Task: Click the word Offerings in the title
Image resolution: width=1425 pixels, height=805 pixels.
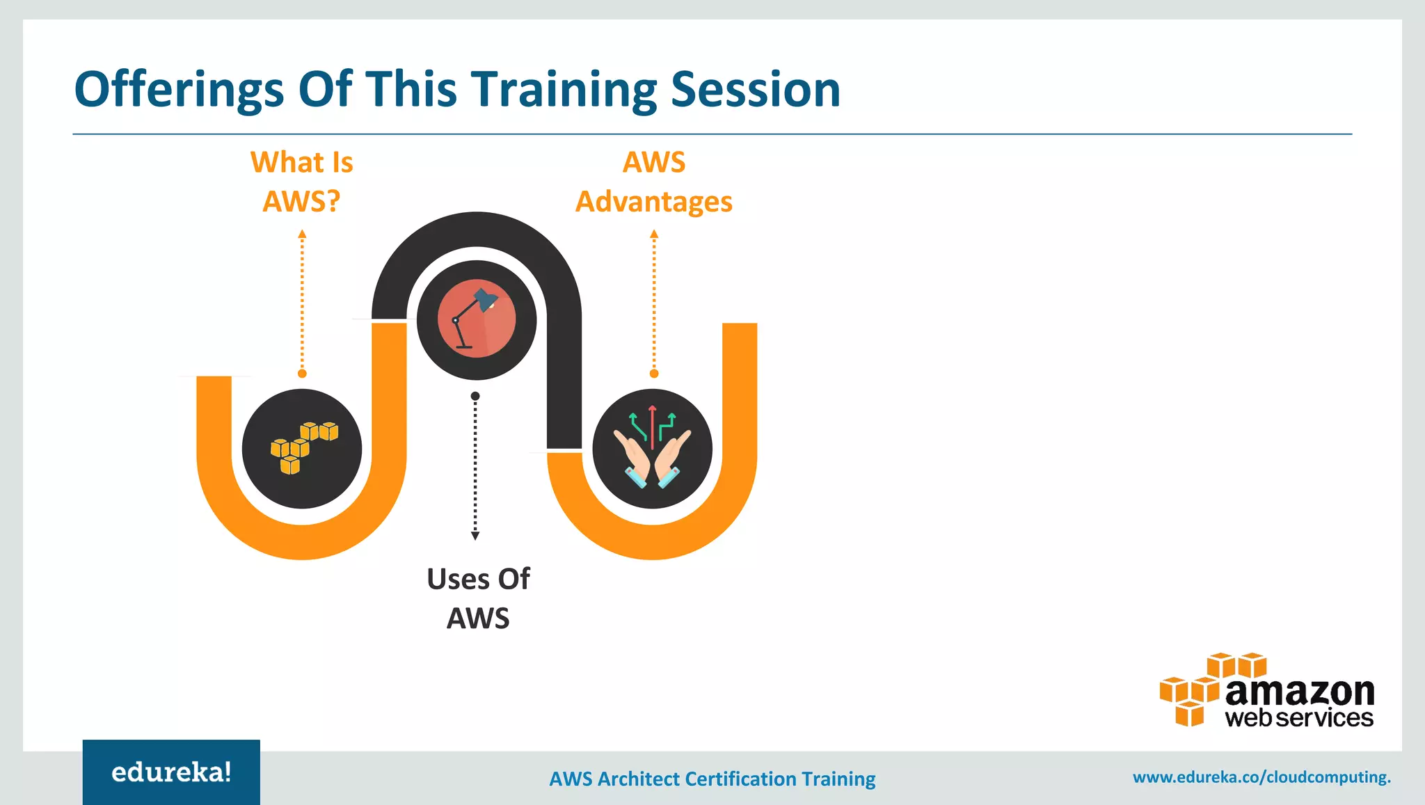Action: click(x=179, y=90)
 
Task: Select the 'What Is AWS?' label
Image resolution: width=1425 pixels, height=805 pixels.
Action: click(x=302, y=182)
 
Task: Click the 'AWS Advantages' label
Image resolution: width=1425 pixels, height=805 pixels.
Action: click(x=654, y=182)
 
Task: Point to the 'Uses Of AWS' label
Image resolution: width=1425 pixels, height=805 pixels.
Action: click(x=478, y=598)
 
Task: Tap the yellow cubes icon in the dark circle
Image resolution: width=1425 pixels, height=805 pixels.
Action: click(x=303, y=448)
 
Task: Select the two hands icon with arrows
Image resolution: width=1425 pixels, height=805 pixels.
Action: click(x=652, y=448)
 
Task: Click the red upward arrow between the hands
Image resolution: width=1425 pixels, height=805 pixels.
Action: click(x=652, y=424)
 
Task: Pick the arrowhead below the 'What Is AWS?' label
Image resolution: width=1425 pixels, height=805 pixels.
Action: click(x=302, y=234)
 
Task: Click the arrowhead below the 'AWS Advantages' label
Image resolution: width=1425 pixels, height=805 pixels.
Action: click(x=654, y=234)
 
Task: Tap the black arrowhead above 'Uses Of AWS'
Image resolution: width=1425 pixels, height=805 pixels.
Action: click(x=475, y=536)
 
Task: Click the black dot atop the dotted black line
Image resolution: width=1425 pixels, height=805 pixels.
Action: click(x=475, y=396)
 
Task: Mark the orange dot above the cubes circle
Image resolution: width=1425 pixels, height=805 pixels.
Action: click(x=302, y=374)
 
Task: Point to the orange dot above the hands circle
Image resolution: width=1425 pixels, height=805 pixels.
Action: click(x=654, y=374)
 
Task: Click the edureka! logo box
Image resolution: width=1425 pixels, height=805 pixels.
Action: click(x=171, y=772)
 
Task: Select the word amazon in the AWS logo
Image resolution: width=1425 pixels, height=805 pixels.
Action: click(x=1300, y=692)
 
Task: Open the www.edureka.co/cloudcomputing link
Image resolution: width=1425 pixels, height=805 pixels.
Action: click(x=1261, y=777)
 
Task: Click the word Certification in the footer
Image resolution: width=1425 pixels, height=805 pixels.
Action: click(x=740, y=779)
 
